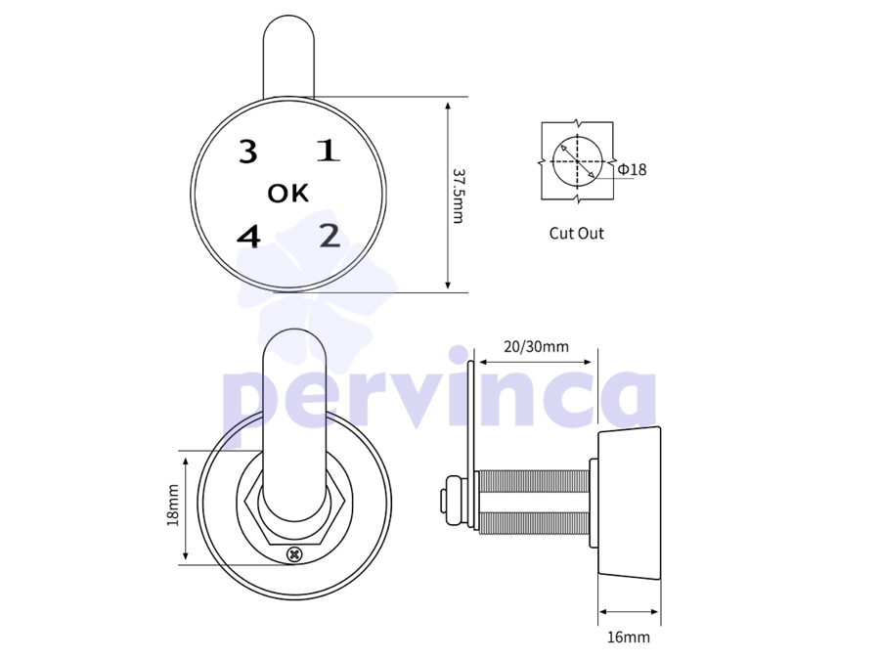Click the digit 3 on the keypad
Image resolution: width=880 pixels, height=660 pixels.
point(248,152)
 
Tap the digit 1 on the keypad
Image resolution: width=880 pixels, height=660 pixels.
point(329,151)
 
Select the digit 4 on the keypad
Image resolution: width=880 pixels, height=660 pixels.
point(248,237)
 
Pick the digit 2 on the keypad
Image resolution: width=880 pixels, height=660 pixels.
point(330,236)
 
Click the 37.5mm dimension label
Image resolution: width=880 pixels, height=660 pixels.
point(459,196)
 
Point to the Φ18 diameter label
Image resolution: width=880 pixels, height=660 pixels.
point(632,169)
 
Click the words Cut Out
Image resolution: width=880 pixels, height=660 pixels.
point(576,234)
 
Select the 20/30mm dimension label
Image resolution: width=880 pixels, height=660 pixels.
point(536,347)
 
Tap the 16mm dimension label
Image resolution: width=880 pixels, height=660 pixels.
point(629,637)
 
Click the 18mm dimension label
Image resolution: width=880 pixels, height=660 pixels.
point(173,506)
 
